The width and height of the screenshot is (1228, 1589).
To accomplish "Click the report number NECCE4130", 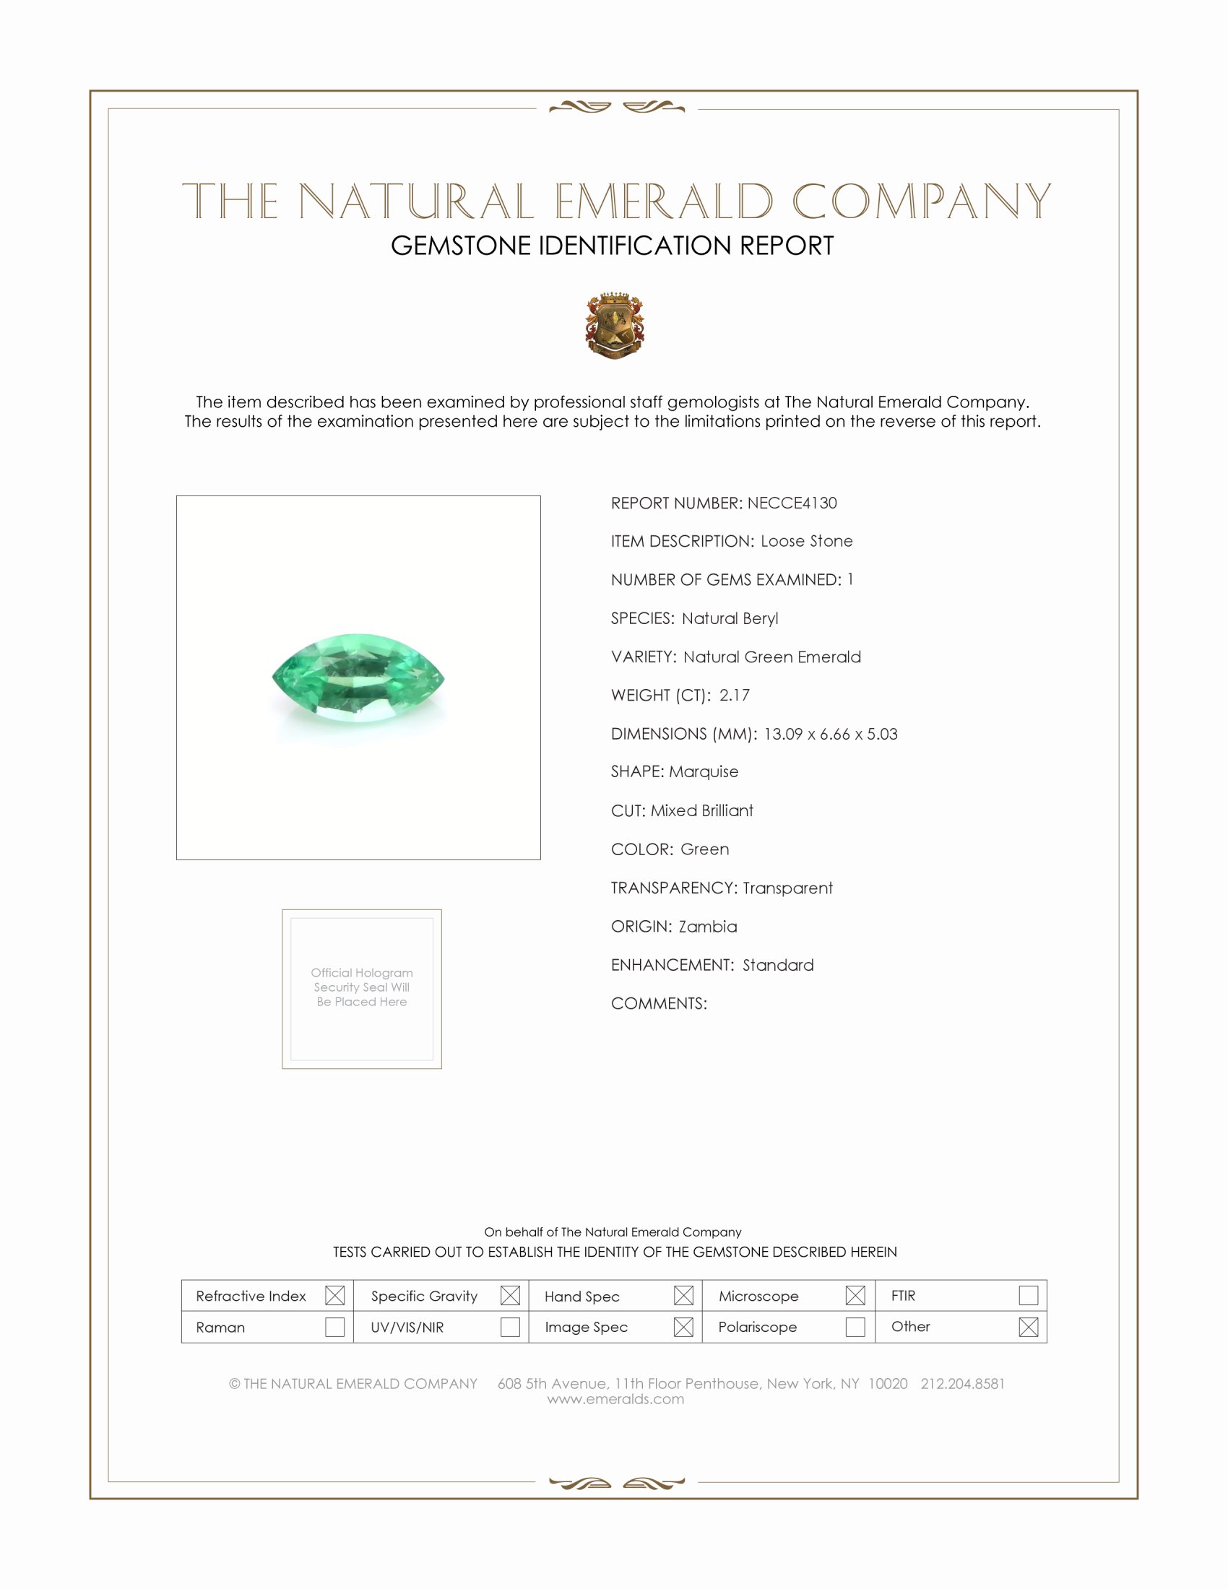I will click(x=792, y=503).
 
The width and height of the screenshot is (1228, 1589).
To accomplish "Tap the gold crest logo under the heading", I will click(x=615, y=326).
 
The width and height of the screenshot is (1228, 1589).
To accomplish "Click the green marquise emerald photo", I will click(x=358, y=678).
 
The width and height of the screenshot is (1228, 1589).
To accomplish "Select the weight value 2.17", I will click(x=734, y=695).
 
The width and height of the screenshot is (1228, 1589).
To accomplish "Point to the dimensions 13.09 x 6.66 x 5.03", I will click(x=830, y=733).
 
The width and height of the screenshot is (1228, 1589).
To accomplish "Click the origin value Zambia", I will click(x=707, y=926).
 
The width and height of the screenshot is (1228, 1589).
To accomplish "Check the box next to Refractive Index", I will click(x=334, y=1296).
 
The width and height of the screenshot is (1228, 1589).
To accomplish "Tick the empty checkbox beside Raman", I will click(x=334, y=1327).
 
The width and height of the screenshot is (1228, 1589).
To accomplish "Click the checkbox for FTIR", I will click(x=1028, y=1296).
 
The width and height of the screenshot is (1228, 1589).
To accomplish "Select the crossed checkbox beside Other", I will click(x=1028, y=1327).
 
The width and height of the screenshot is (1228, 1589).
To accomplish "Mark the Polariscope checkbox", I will click(x=855, y=1327).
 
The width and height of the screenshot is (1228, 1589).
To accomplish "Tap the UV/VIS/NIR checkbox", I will click(x=510, y=1327).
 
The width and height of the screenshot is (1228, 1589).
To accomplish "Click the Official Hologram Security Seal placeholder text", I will click(x=362, y=987).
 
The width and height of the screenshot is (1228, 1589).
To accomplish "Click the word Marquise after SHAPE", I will click(x=704, y=772).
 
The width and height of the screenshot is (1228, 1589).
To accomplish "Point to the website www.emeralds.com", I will click(x=615, y=1399).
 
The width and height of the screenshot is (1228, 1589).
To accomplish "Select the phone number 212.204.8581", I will click(x=961, y=1384).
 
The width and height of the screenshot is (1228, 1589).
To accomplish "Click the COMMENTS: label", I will click(x=658, y=1003).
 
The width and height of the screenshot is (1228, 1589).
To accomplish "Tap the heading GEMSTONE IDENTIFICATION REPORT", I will click(x=612, y=246).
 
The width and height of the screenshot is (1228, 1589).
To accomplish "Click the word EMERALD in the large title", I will click(x=663, y=202).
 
